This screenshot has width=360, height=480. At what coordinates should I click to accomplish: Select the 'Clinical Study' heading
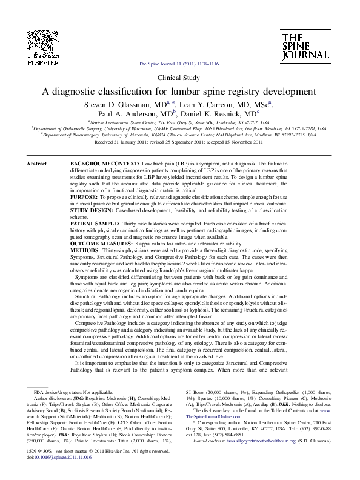(x=179, y=78)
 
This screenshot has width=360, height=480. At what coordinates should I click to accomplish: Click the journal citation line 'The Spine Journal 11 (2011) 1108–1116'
(x=179, y=64)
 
